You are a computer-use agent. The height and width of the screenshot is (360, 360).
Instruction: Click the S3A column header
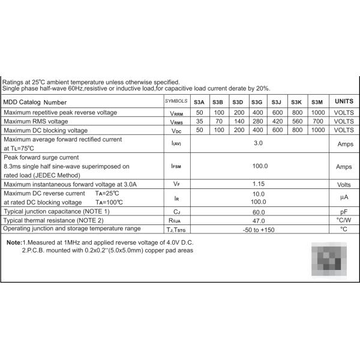pyautogui.click(x=199, y=103)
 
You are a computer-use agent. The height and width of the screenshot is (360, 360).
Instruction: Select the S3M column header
pyautogui.click(x=318, y=103)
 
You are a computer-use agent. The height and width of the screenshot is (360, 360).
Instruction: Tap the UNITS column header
pyautogui.click(x=344, y=102)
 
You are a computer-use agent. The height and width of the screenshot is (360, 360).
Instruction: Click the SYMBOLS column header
pyautogui.click(x=176, y=102)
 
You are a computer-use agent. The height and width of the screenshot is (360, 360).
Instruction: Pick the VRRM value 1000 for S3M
pyautogui.click(x=318, y=113)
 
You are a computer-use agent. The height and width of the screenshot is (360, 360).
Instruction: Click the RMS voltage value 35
pyautogui.click(x=199, y=121)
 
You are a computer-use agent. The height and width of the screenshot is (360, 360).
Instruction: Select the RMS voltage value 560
pyautogui.click(x=298, y=121)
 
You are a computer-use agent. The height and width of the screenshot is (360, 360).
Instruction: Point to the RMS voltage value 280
pyautogui.click(x=258, y=121)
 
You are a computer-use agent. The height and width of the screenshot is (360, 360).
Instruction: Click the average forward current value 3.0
pyautogui.click(x=259, y=143)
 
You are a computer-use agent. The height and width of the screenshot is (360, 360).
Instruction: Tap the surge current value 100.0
pyautogui.click(x=259, y=166)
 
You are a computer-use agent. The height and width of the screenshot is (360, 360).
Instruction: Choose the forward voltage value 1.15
pyautogui.click(x=259, y=184)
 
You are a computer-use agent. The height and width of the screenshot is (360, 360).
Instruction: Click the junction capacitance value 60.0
pyautogui.click(x=259, y=212)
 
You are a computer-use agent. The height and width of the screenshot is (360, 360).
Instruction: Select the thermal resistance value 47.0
pyautogui.click(x=259, y=221)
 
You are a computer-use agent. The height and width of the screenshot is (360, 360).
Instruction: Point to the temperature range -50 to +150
pyautogui.click(x=259, y=229)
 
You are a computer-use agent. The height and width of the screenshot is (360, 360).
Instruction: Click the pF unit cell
pyautogui.click(x=344, y=212)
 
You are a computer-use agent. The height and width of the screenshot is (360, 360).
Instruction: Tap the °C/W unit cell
pyautogui.click(x=344, y=221)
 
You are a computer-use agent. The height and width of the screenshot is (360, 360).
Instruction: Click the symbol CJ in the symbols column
pyautogui.click(x=176, y=212)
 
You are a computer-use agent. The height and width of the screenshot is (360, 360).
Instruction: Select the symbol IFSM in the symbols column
pyautogui.click(x=176, y=166)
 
